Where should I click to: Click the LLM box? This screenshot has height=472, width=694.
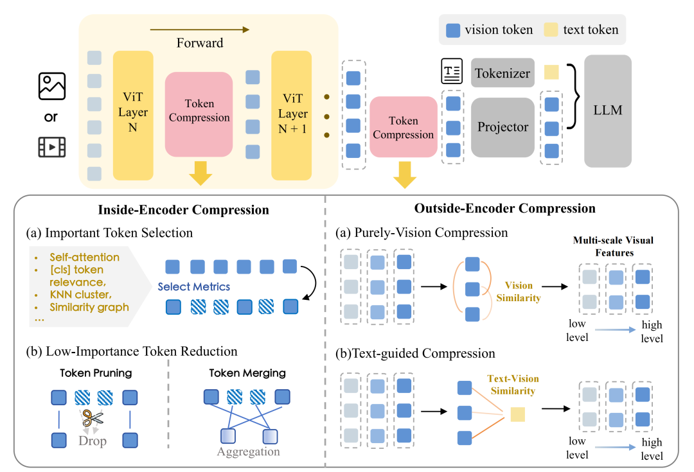tap(608, 110)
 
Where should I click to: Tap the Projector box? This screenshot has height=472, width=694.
tap(503, 127)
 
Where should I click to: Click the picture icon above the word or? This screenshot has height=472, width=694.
tap(52, 86)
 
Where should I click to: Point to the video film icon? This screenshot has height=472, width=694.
tap(52, 146)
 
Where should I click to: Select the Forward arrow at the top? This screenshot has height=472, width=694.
tap(200, 29)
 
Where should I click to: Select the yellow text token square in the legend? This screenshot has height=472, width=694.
tap(551, 30)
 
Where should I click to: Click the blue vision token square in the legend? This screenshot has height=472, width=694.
tap(452, 30)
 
